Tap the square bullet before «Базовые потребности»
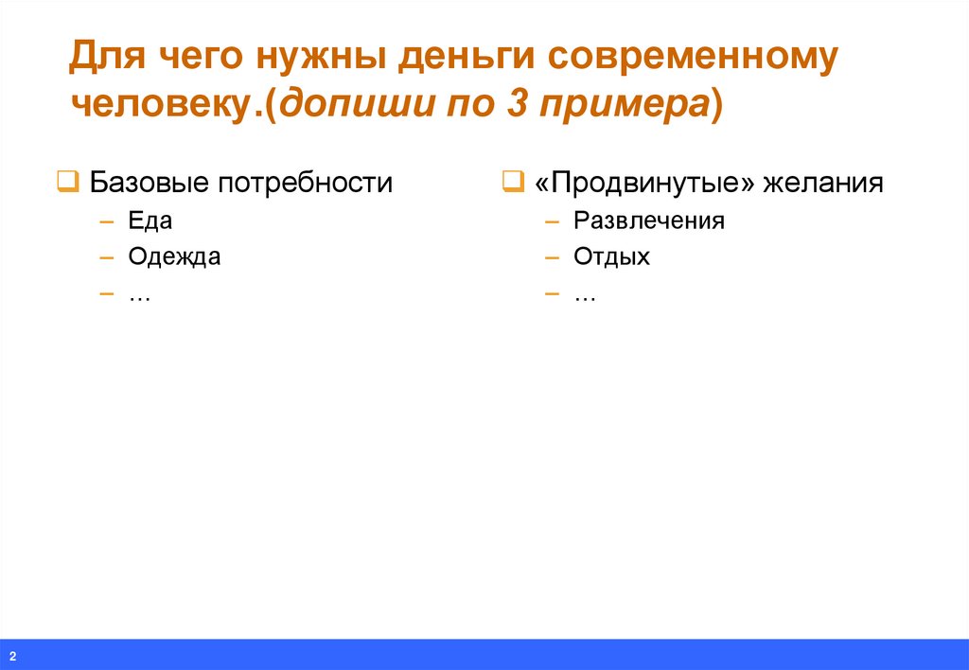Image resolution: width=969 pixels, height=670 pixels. tap(67, 181)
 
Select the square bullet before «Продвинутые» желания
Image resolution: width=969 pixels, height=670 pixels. tap(512, 181)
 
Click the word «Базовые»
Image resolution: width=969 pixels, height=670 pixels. tap(149, 183)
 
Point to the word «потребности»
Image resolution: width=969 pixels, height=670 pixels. tap(305, 183)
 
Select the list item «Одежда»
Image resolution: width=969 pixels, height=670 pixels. tap(174, 256)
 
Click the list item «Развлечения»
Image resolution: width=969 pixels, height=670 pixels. tap(648, 221)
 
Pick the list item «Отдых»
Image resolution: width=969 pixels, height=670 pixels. tap(611, 256)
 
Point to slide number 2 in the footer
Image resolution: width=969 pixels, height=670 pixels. tap(14, 657)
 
